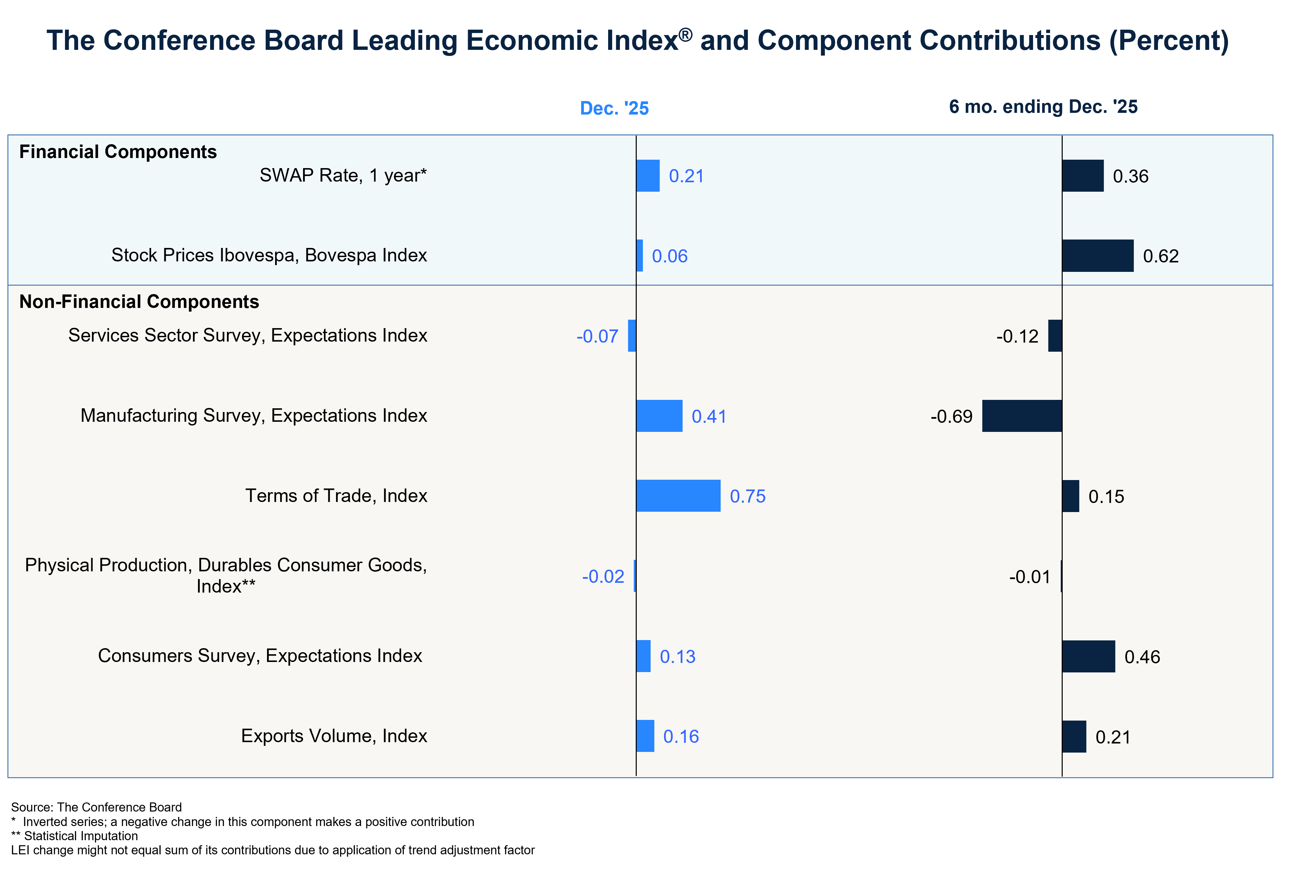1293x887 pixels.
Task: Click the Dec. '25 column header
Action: tap(614, 108)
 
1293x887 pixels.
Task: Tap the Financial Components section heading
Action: tap(118, 152)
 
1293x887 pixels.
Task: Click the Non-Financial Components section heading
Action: tap(139, 302)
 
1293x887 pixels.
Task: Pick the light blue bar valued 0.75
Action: tap(678, 496)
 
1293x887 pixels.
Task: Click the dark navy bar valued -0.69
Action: tap(1022, 416)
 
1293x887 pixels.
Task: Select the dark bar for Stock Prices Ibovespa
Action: tap(1098, 256)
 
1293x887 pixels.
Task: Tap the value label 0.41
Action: tap(709, 416)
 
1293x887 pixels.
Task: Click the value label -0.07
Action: tap(597, 336)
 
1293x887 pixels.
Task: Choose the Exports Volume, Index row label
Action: tap(334, 736)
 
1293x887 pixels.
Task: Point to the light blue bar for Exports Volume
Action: tap(645, 736)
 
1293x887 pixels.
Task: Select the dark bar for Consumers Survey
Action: tap(1088, 657)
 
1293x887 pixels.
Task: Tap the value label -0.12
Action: tap(1017, 336)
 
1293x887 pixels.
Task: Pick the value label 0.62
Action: tap(1161, 256)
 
